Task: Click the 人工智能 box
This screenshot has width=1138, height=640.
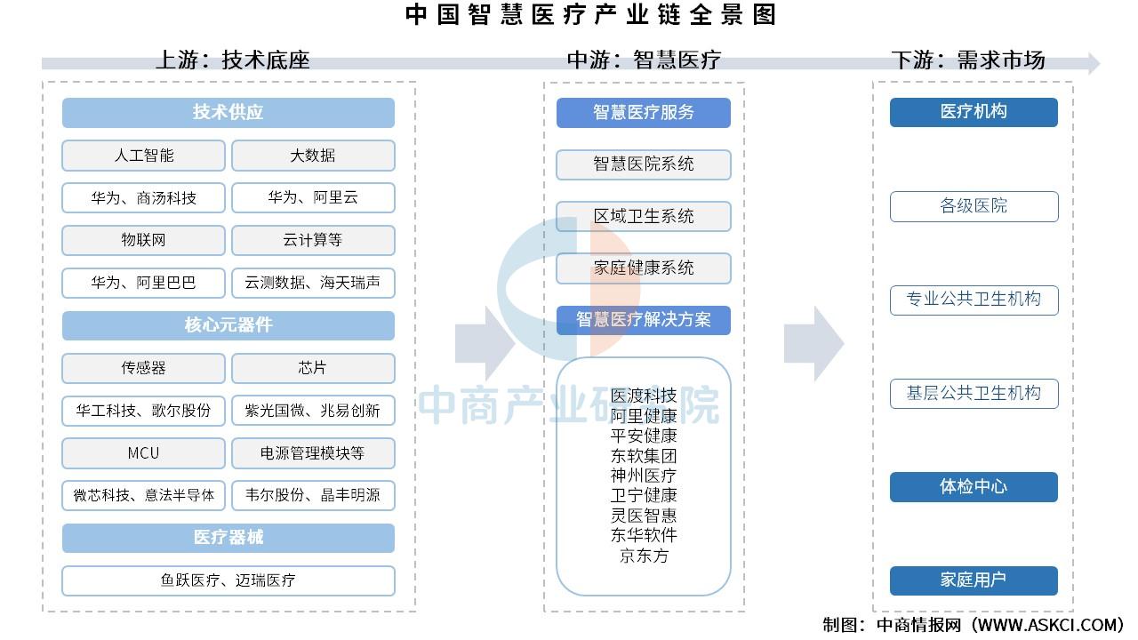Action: tap(143, 156)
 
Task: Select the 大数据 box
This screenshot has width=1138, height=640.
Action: tap(313, 156)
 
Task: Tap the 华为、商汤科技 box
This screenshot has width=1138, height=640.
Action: tap(143, 197)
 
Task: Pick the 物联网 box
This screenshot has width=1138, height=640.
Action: tap(143, 240)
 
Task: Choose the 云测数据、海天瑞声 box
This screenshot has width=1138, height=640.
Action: tap(313, 283)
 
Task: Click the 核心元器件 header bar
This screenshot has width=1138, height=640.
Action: tap(228, 325)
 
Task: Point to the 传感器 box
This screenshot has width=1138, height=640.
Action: tap(143, 368)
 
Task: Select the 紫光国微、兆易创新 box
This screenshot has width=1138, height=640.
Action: tap(313, 411)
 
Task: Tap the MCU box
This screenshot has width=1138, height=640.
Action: tap(143, 453)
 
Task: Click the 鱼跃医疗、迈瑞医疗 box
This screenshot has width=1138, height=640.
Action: tap(228, 580)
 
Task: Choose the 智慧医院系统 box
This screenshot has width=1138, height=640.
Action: tap(643, 164)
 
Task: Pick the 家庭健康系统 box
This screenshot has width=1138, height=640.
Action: tap(643, 268)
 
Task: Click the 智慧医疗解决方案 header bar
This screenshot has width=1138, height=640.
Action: tap(643, 320)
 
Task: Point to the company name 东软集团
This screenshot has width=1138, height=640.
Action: tap(643, 456)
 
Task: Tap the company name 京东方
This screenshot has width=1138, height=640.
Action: tap(644, 556)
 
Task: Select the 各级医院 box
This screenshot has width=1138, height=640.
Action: tap(974, 206)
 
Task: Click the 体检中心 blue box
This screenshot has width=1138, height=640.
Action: tap(974, 487)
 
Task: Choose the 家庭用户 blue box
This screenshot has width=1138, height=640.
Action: tap(974, 580)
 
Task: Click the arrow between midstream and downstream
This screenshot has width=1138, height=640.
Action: tap(813, 344)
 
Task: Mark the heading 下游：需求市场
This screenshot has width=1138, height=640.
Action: tap(968, 60)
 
